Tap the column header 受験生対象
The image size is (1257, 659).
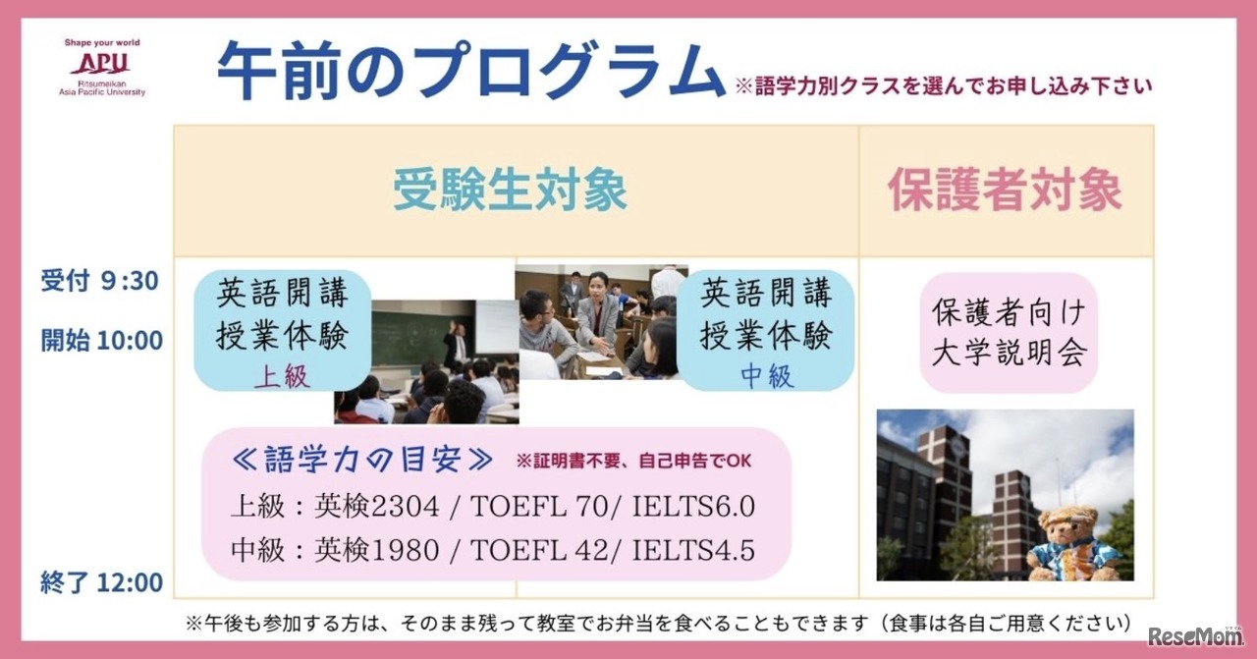coord(510,191)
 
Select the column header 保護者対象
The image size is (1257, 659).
coord(1005,191)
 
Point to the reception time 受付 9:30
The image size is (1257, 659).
coord(100,280)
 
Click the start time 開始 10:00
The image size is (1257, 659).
coord(101,340)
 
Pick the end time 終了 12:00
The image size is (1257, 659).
coord(101,582)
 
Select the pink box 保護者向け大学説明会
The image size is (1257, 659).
coord(1009,332)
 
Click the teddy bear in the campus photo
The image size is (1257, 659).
coord(1073,542)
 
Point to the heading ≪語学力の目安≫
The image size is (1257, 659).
coord(362,461)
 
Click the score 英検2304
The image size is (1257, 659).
coord(376,507)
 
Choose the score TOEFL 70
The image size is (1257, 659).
coord(539,507)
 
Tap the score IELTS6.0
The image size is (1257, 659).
coord(693,507)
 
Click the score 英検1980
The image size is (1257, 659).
coord(376,550)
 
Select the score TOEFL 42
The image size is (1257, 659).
coord(539,550)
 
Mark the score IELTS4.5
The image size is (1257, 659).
coord(693,550)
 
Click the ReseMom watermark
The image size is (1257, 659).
coord(1195,635)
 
